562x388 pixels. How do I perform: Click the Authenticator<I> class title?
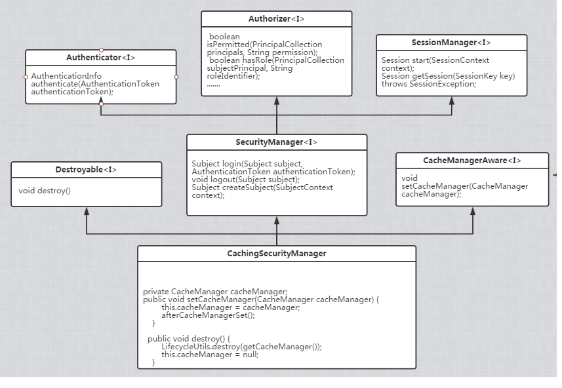click(101, 57)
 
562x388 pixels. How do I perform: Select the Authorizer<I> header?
click(276, 18)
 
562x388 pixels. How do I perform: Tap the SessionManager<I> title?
click(451, 43)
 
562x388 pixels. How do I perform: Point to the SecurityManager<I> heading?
click(276, 142)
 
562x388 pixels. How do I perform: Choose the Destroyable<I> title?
click(86, 170)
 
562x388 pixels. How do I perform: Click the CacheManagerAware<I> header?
click(472, 160)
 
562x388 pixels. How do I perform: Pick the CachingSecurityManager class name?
click(277, 253)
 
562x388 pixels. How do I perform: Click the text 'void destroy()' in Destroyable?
click(45, 191)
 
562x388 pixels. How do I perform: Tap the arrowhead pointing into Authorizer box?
click(277, 101)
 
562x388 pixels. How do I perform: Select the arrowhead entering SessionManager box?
click(452, 101)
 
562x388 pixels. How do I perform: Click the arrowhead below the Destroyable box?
click(87, 211)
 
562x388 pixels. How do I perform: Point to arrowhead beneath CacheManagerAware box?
click(473, 211)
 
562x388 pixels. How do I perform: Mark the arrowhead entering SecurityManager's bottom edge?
click(277, 220)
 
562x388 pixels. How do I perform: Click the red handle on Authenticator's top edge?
click(102, 50)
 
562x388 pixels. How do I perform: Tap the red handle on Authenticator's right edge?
click(176, 77)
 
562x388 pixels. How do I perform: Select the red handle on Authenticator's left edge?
click(26, 77)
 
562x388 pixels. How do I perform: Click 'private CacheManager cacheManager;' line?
click(215, 292)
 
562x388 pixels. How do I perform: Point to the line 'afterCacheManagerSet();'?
click(208, 315)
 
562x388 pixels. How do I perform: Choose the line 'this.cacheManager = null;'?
click(210, 355)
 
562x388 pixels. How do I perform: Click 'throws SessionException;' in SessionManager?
click(429, 84)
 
